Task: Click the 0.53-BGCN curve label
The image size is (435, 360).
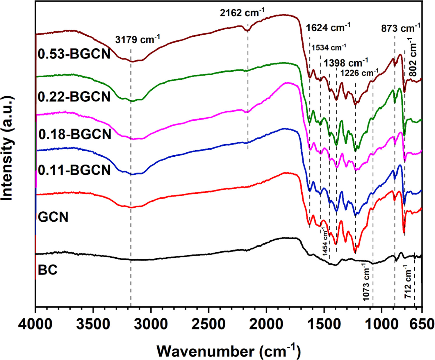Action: (x=74, y=54)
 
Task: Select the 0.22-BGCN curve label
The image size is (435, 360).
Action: (x=74, y=97)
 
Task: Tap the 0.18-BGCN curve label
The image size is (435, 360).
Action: (x=75, y=134)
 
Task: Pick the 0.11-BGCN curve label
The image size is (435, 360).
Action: (x=74, y=170)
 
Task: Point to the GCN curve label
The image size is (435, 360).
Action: (x=53, y=217)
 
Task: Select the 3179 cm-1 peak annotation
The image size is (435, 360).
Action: (x=138, y=39)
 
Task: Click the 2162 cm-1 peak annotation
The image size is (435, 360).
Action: (x=242, y=13)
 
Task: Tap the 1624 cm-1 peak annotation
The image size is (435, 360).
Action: (x=328, y=28)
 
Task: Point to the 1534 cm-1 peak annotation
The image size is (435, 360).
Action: (x=329, y=47)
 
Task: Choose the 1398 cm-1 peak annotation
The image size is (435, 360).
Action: (x=346, y=63)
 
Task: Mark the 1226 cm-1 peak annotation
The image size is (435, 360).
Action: (x=360, y=72)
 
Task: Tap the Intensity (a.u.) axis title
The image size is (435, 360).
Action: (x=8, y=148)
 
